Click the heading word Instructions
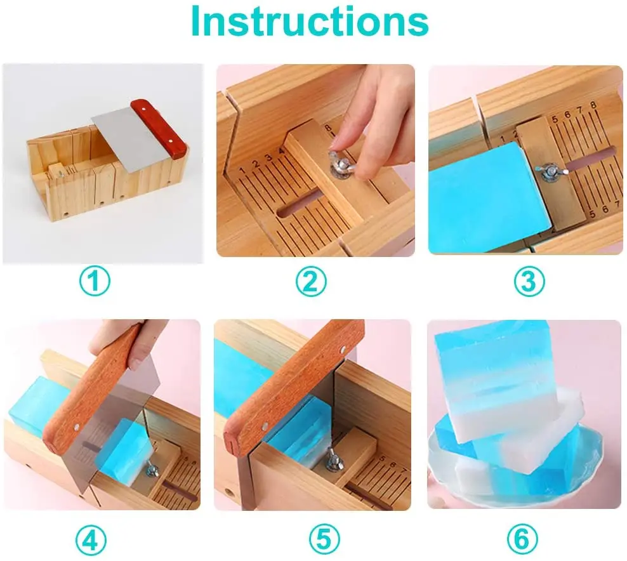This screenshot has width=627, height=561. point(310,22)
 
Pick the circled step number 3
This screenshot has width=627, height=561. point(529,280)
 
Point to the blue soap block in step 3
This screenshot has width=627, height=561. point(476,197)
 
